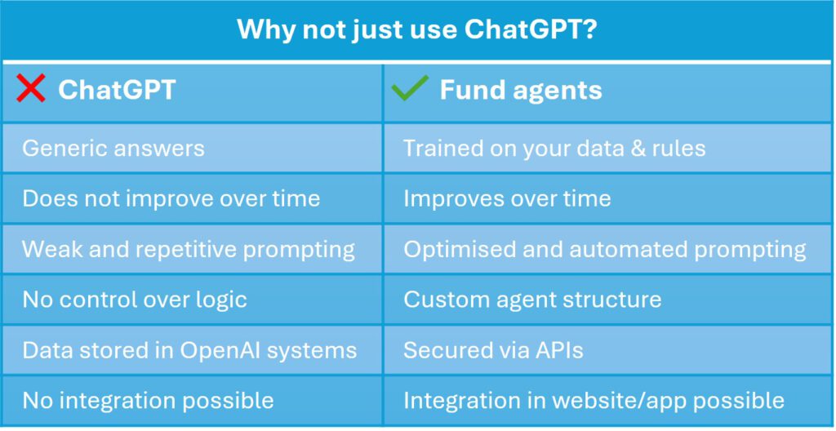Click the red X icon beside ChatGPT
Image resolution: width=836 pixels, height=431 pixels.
[x=31, y=88]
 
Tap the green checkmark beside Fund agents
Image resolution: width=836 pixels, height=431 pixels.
[x=410, y=87]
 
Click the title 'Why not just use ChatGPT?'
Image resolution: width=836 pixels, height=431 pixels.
[x=416, y=30]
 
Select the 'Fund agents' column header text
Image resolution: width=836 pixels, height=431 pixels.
[x=521, y=90]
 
